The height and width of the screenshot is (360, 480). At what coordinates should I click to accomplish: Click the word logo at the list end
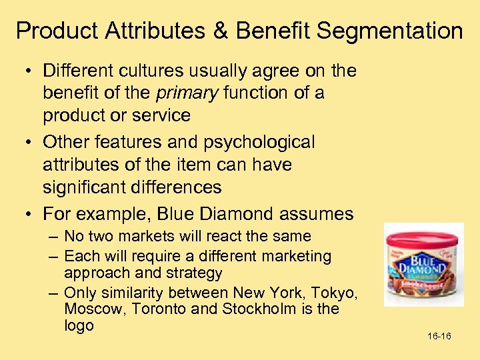[x=79, y=325]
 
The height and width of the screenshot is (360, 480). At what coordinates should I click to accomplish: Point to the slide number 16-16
[x=439, y=336]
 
